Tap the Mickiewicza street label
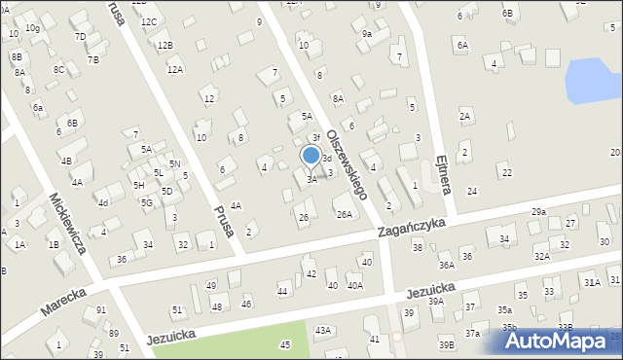coord(67,223)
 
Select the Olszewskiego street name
coord(346,163)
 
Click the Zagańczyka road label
coord(412,229)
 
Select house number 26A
coord(344,214)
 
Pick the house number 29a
coord(538,212)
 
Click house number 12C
coord(148,21)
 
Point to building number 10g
coord(32,28)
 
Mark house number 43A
coord(322,331)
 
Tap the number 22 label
coord(506,172)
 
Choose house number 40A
coord(355,285)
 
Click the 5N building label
coord(174,164)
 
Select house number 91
coord(101,310)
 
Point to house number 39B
coord(446,344)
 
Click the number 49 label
coord(211,285)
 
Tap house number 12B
coord(165,45)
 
